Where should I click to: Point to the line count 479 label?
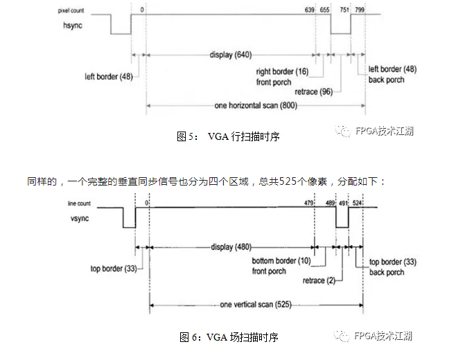coord(309,203)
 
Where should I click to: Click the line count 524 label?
coord(357,203)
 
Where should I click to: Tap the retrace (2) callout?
coord(319,282)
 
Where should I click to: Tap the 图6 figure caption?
coord(228,337)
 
